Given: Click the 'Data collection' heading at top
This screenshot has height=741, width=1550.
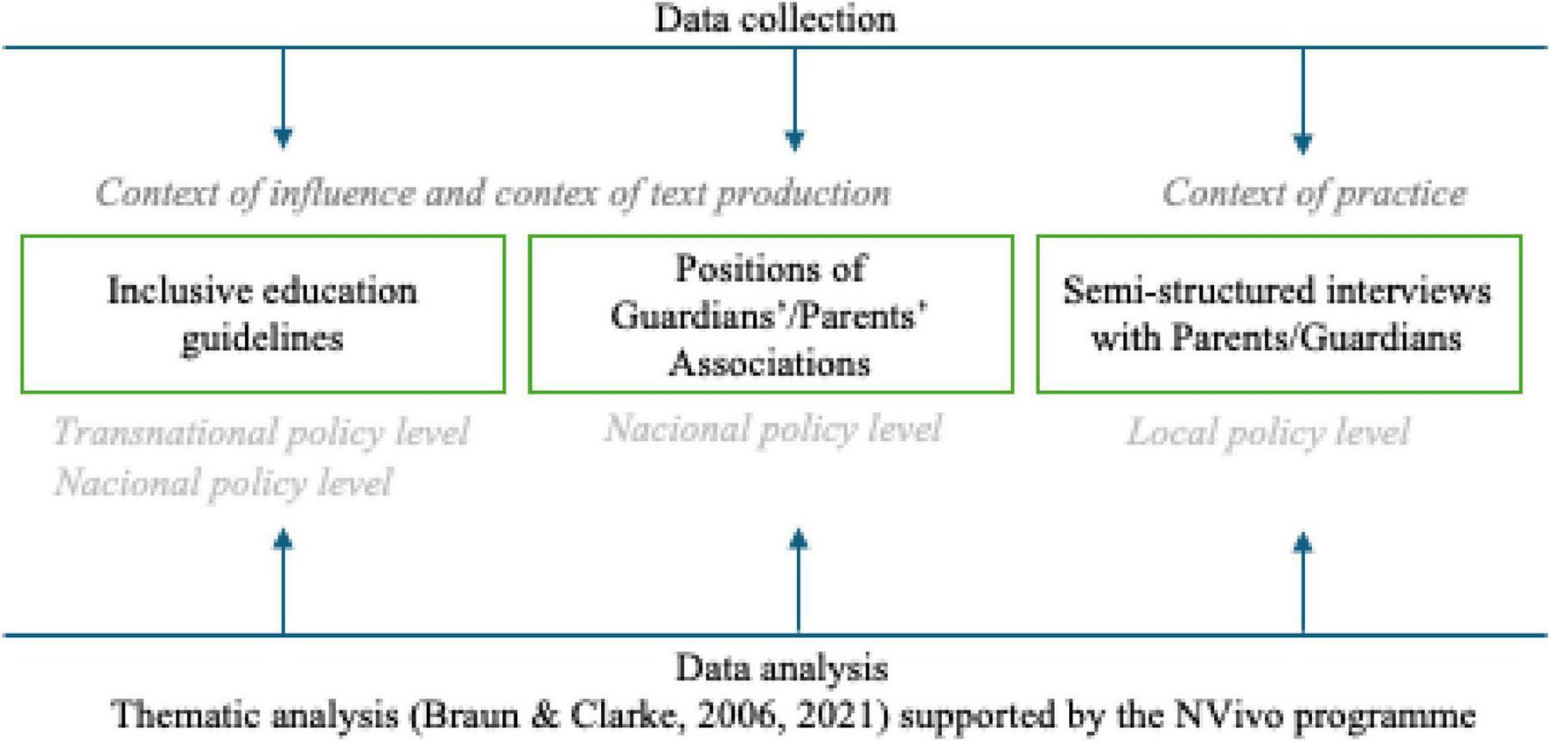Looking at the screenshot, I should pyautogui.click(x=775, y=18).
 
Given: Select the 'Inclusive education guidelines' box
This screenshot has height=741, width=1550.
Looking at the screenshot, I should pyautogui.click(x=262, y=314).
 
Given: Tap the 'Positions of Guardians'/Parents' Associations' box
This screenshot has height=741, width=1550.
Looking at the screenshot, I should pyautogui.click(x=771, y=314).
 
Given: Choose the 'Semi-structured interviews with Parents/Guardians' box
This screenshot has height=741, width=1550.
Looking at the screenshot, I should pyautogui.click(x=1278, y=314).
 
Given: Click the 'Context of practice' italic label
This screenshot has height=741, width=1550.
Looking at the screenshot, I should pyautogui.click(x=1314, y=193).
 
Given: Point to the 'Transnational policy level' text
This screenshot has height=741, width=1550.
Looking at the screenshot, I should pyautogui.click(x=261, y=432).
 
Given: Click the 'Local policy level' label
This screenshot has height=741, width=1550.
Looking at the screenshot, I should pyautogui.click(x=1267, y=432).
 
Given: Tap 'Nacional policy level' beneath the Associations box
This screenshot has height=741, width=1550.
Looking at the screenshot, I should pyautogui.click(x=772, y=429).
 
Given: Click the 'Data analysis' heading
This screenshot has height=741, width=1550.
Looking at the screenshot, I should pyautogui.click(x=781, y=668).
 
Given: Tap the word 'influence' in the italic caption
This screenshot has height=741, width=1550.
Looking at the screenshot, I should pyautogui.click(x=341, y=193).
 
